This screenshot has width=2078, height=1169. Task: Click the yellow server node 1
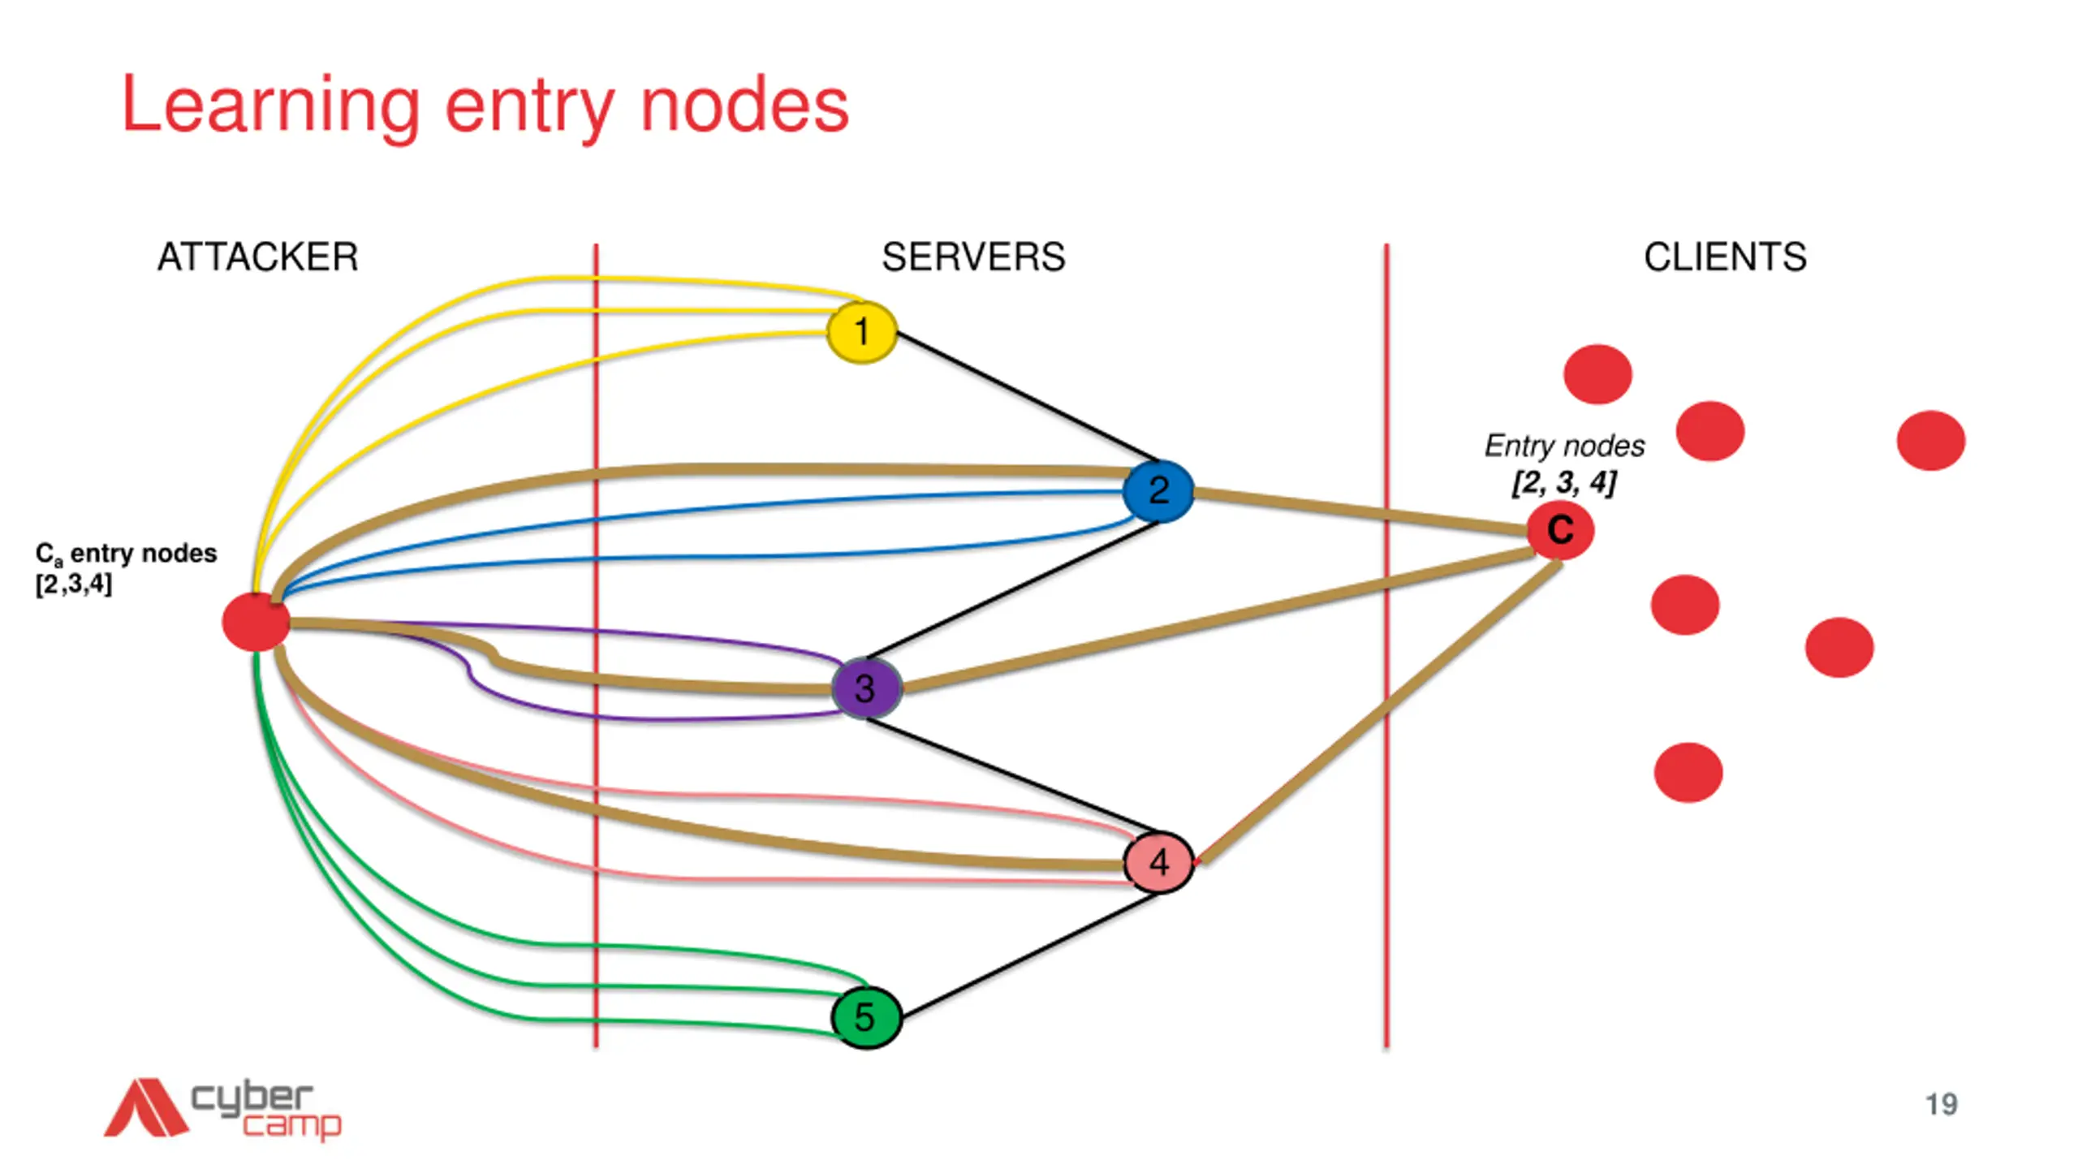[x=862, y=332]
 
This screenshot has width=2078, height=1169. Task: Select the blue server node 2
[x=1158, y=490]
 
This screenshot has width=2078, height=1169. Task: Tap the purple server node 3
[x=866, y=688]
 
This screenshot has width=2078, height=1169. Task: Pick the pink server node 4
[x=1158, y=861]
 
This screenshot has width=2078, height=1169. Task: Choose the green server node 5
[x=866, y=1017]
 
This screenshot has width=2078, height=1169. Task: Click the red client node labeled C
[x=1559, y=530]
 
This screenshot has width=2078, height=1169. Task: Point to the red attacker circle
[x=256, y=622]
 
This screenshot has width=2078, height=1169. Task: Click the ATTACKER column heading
[x=257, y=257]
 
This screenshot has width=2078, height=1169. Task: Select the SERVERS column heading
[x=973, y=257]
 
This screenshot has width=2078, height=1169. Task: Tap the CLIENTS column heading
[x=1725, y=257]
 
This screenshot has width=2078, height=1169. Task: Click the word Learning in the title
[x=271, y=107]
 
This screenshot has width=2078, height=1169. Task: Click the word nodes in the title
[x=744, y=107]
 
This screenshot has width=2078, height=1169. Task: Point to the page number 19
[x=1942, y=1105]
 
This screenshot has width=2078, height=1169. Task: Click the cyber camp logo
[x=222, y=1108]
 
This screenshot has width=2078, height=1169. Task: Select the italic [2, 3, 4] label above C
[x=1563, y=482]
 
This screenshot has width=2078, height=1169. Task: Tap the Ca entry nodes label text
[x=126, y=567]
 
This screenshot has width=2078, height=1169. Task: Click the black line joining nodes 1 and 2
[x=1028, y=398]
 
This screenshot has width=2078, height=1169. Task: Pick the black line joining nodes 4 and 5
[x=1030, y=955]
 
